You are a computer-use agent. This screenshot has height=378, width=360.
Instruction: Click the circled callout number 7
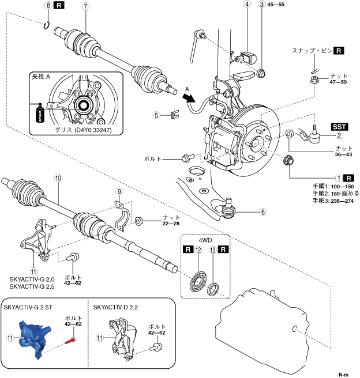coord(85,6)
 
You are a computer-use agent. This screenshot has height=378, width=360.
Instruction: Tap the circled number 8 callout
coord(48,5)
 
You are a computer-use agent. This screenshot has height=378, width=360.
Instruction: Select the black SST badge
coord(339,127)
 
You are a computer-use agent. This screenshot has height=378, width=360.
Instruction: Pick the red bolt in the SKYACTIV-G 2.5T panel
coord(70,341)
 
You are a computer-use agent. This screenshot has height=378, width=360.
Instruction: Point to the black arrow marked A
coord(189,98)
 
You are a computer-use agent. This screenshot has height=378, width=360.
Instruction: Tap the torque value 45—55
coord(276,5)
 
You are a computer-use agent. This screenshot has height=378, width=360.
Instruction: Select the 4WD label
coord(205,240)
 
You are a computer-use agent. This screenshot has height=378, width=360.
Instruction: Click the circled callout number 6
coord(262,212)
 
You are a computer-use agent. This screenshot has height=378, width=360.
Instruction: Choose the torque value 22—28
coord(171,224)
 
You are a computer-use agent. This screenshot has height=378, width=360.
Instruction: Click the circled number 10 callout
coord(58,179)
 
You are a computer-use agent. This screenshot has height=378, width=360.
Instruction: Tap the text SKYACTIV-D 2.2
coord(115,307)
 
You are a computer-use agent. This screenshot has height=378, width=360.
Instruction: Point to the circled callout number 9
coord(119,192)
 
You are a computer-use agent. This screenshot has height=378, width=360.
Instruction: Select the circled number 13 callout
coord(213,250)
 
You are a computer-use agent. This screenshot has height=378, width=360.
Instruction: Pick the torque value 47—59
coord(338,82)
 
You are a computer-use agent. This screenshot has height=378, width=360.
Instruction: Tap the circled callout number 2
coord(339,135)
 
